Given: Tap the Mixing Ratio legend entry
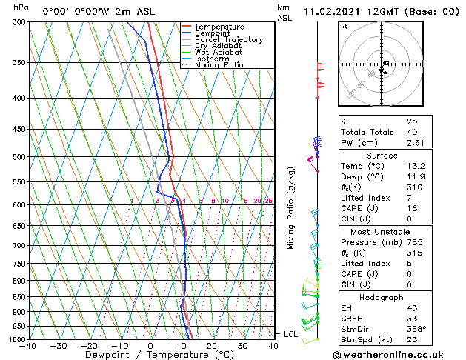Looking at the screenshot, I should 219,65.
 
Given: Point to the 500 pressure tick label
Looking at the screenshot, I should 16,157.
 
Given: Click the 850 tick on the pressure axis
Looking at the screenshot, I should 16,297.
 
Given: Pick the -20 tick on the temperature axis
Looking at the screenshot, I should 88,346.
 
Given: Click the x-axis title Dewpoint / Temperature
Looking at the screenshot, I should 150,355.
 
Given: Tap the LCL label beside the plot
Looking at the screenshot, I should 290,334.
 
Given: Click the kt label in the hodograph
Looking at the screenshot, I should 344,26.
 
